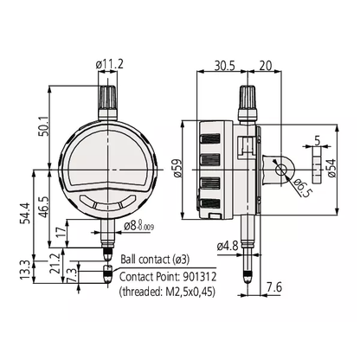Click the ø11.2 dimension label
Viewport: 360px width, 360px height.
(x=110, y=64)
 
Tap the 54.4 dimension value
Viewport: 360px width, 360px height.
(x=24, y=214)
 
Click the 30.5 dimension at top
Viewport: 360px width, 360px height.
(x=225, y=66)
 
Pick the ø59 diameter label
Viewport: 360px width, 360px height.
(x=177, y=168)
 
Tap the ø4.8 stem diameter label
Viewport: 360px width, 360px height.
(x=228, y=246)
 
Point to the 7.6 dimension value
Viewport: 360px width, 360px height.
(x=273, y=287)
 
